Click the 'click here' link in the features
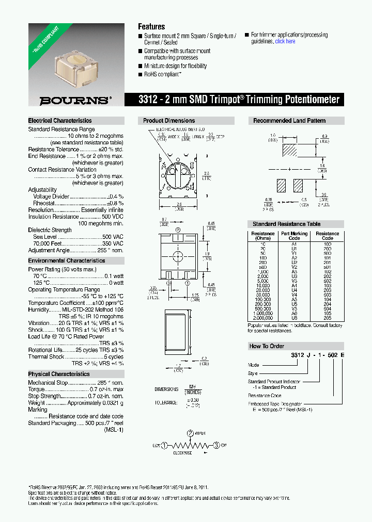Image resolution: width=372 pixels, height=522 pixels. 285,41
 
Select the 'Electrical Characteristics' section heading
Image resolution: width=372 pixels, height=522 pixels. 60,121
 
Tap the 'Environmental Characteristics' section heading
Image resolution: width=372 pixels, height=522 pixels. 67,261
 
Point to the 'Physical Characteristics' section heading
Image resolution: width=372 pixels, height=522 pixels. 59,374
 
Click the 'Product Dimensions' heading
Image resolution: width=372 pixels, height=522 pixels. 169,121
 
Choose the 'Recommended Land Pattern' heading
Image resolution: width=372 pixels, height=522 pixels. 289,121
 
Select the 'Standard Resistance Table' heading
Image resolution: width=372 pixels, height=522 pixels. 286,224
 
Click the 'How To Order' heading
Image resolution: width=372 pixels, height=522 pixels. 267,346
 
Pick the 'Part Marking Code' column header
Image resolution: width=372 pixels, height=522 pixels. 294,236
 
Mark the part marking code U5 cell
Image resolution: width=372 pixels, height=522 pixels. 294,304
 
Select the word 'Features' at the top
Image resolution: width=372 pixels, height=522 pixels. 151,26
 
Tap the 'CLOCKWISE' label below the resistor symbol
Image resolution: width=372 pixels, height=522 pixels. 182,453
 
